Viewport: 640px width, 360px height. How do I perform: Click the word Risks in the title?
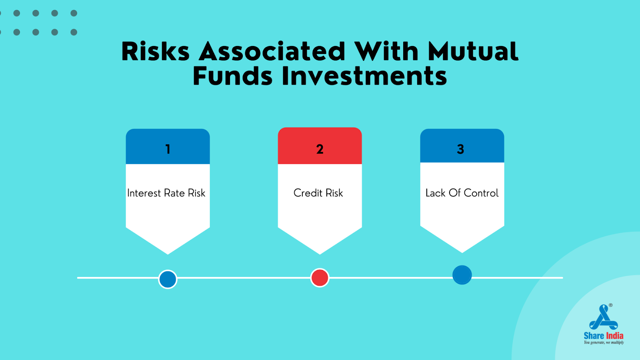coord(156,52)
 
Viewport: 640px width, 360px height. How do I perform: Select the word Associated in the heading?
coord(272,52)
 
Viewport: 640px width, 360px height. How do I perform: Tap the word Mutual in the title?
coord(473,52)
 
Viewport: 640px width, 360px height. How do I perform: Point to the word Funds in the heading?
coord(232,76)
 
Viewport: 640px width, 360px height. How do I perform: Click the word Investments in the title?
coord(364,76)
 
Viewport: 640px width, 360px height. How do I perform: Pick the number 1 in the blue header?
coord(168,149)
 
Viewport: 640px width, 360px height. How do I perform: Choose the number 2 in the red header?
coord(320,149)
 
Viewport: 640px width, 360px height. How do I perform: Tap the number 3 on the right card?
coord(460,149)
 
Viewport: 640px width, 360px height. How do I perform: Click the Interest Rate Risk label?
coord(166,193)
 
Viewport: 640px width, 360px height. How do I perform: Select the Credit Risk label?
coord(318,193)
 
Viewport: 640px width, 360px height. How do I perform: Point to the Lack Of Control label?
coord(462,193)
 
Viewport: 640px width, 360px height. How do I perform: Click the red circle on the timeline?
coord(320,278)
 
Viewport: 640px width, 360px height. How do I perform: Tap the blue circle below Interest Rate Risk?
coord(168,279)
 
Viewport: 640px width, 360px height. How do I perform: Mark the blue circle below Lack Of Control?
coord(462,275)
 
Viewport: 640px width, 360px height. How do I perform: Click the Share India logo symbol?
coord(604,317)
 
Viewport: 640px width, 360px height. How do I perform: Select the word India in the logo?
coord(614,336)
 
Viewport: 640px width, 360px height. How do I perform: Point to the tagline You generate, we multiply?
coord(604,342)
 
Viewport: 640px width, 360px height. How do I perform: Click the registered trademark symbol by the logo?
coord(610,305)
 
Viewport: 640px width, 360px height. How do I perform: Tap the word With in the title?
coord(386,52)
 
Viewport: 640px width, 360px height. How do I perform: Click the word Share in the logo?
coord(594,336)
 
